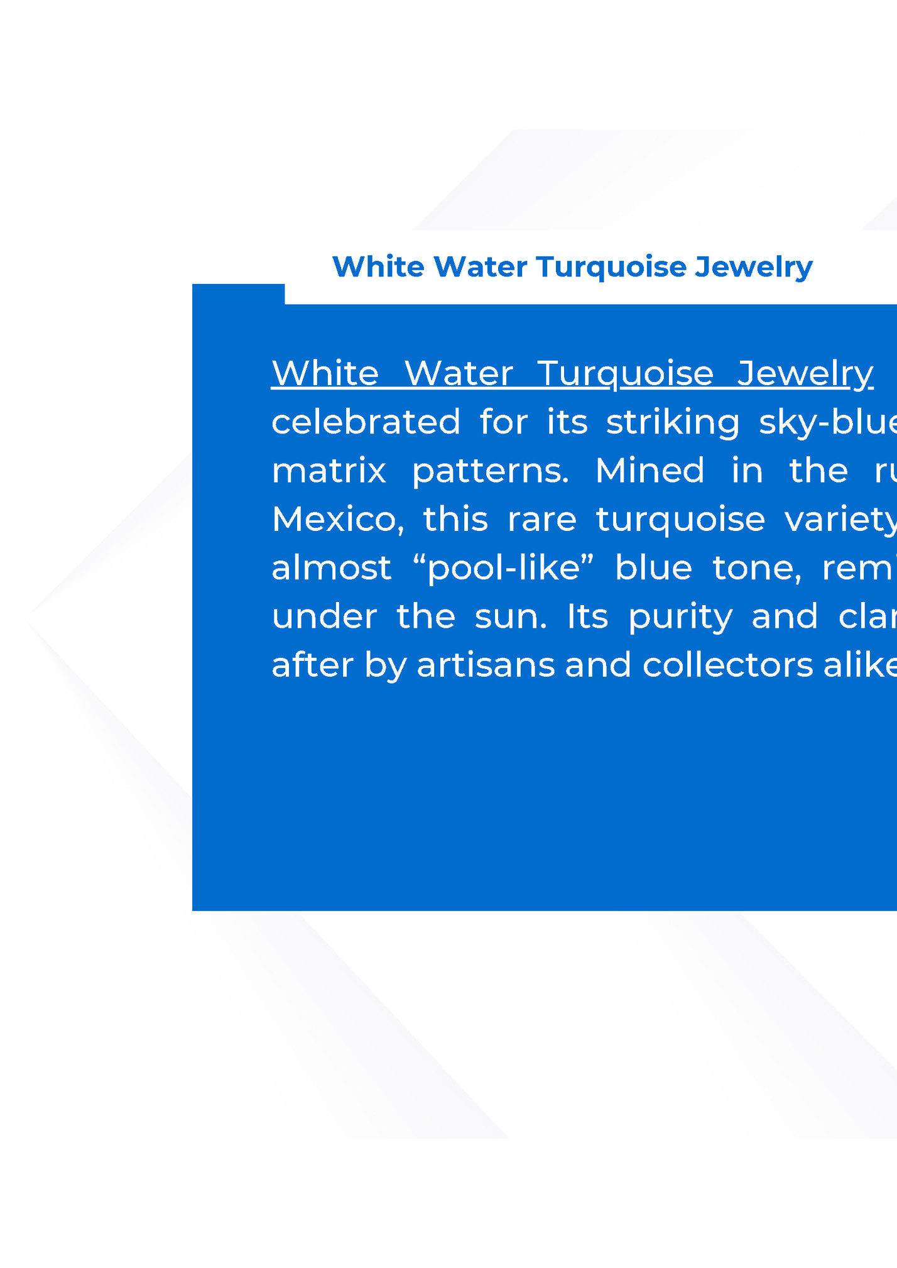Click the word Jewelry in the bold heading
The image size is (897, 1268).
(753, 267)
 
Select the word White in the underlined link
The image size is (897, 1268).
(325, 373)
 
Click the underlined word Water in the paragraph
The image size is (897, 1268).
(459, 373)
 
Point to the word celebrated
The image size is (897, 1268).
(366, 422)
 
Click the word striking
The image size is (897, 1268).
(673, 422)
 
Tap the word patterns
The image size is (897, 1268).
(490, 471)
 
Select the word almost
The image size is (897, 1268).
(331, 568)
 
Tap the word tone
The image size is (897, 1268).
(757, 568)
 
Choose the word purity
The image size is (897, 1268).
(680, 618)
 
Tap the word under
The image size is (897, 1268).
(324, 616)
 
